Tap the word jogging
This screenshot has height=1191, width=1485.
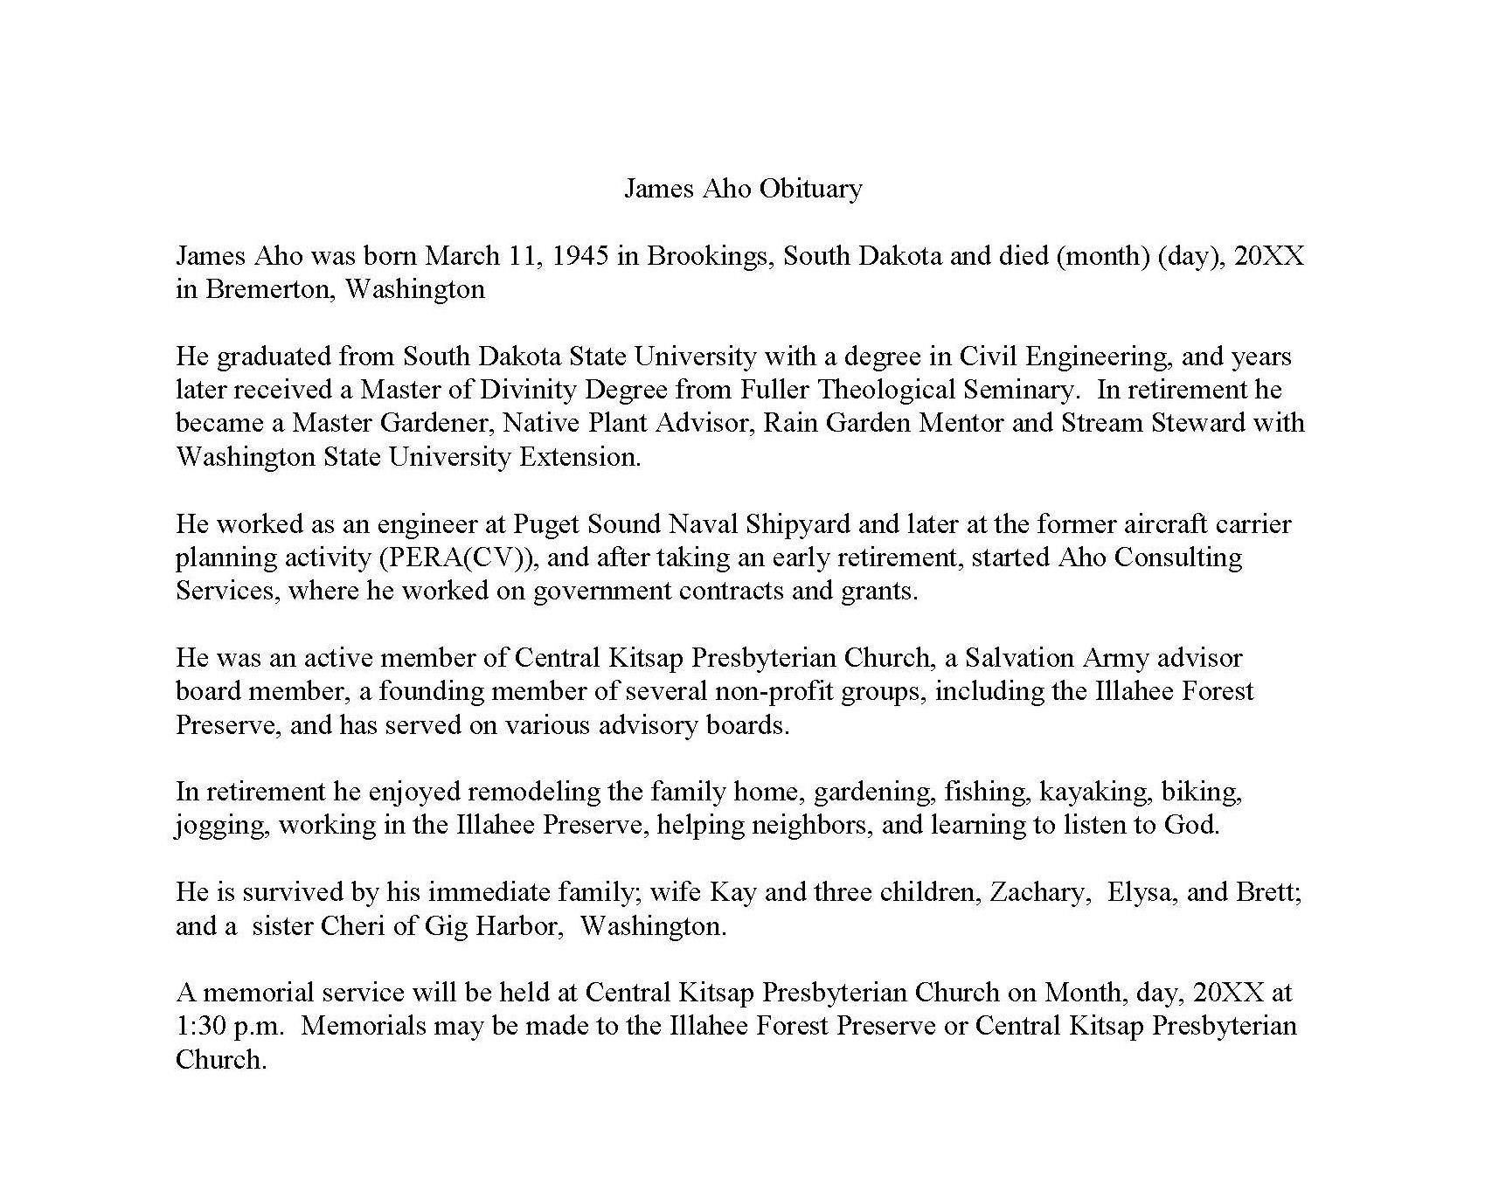click(x=223, y=826)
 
